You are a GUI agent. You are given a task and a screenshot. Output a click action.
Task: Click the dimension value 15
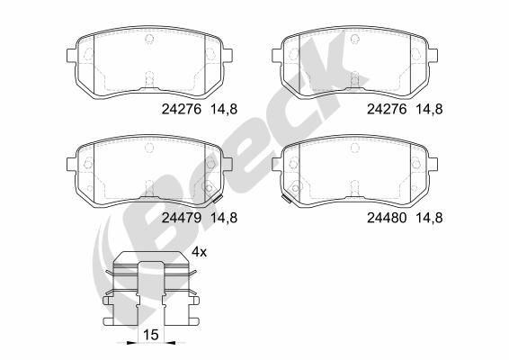point(149,336)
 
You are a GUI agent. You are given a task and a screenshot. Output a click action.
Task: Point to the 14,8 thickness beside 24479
point(226,217)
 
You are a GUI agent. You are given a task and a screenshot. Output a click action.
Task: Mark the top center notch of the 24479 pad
point(148,145)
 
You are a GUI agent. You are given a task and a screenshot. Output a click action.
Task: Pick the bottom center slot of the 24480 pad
point(356,191)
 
